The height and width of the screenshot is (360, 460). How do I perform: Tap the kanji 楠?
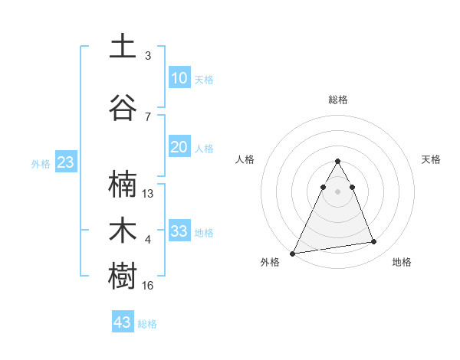[x=123, y=185]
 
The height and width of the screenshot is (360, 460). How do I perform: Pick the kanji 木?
[x=123, y=231]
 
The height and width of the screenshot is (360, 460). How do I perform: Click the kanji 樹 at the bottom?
[x=123, y=277]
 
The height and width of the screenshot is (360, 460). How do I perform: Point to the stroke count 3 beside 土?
[x=148, y=56]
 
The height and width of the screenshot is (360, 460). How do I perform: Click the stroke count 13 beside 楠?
[x=148, y=194]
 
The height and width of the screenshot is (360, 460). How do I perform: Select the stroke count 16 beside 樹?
[x=148, y=286]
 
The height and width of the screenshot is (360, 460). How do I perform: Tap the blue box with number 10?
[x=179, y=78]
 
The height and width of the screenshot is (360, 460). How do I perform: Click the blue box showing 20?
[x=179, y=147]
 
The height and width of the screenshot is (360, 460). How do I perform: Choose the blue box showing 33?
[x=179, y=231]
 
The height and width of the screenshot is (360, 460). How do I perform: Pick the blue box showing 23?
[x=65, y=162]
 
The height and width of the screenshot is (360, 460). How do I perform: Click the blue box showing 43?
[x=123, y=322]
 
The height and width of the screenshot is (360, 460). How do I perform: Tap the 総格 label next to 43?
[x=147, y=324]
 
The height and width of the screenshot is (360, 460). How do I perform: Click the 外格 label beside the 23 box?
[x=41, y=164]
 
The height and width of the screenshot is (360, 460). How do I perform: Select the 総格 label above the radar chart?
[x=337, y=100]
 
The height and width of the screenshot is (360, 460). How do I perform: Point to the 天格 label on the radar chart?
[x=431, y=159]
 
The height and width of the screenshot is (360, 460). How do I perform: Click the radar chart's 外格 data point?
[x=292, y=254]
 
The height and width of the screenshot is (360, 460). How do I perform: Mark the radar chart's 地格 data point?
[x=374, y=242]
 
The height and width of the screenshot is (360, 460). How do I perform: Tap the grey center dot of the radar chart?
[x=337, y=192]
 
